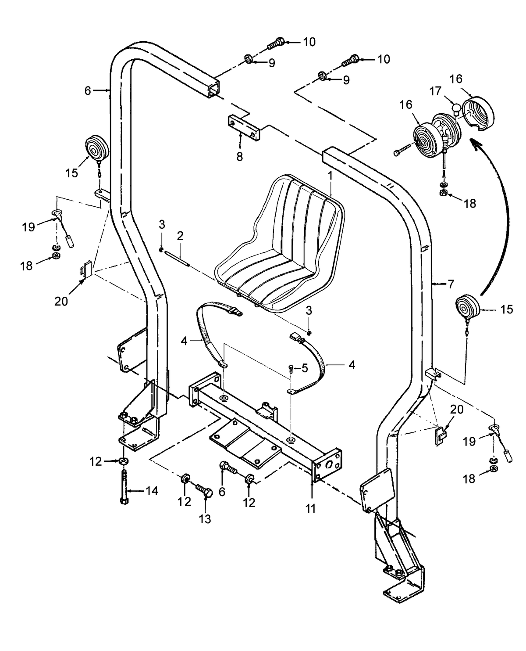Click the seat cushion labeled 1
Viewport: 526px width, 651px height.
(x=281, y=246)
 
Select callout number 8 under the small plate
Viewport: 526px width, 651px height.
(x=239, y=157)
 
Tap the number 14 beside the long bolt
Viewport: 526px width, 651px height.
(x=152, y=491)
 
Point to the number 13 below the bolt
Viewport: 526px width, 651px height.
(x=205, y=519)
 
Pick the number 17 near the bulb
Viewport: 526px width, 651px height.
(x=435, y=92)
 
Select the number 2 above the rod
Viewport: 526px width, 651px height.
(x=180, y=235)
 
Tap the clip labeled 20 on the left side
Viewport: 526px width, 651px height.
(x=86, y=268)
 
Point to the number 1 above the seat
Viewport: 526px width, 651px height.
(x=331, y=176)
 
